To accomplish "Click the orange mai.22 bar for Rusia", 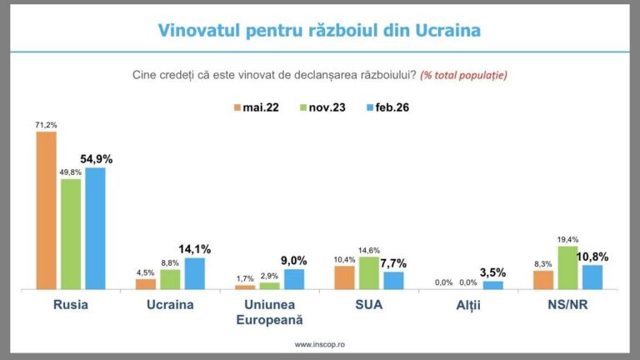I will (47, 210).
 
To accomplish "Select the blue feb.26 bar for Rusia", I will (96, 228).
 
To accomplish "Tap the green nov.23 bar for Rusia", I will (72, 234).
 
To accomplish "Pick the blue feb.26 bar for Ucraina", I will (194, 273).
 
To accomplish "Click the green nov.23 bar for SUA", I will (368, 272).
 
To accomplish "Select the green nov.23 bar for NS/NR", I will (568, 267).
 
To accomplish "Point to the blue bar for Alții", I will (492, 285).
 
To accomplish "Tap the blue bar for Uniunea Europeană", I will (294, 279).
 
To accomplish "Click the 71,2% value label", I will (45, 125).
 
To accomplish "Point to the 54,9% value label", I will (97, 159).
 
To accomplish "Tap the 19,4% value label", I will (568, 238).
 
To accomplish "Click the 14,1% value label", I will (195, 248).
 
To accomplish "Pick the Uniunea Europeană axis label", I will (269, 312).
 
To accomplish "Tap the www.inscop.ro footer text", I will (320, 343).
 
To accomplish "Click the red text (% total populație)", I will (463, 75).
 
